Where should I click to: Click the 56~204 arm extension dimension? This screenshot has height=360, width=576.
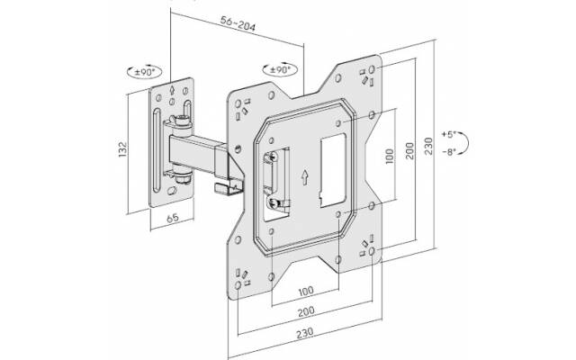click(238, 23)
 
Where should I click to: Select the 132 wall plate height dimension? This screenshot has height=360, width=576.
click(122, 149)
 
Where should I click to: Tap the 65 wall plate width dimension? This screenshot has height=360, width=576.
click(173, 218)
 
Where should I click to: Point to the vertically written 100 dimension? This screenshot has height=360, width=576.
click(390, 156)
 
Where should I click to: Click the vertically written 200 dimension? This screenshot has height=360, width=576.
click(409, 150)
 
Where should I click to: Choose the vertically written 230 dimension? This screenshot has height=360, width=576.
click(428, 146)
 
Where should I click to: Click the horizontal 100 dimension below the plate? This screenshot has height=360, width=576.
click(306, 292)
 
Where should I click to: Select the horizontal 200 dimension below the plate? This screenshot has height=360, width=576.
click(306, 311)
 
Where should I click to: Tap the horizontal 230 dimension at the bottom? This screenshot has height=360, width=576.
click(305, 332)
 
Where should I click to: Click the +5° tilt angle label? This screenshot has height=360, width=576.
click(448, 134)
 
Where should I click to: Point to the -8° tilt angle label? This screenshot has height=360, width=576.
click(448, 152)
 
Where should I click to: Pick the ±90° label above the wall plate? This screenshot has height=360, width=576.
click(144, 72)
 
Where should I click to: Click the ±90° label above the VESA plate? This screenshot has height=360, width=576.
click(280, 69)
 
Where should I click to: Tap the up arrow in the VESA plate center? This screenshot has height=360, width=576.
click(304, 177)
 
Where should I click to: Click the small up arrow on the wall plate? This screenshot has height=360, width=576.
click(172, 90)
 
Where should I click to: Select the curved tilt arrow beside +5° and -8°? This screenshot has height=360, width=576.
click(464, 142)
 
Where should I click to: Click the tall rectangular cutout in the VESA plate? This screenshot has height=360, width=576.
click(333, 170)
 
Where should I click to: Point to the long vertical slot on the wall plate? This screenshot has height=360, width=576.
click(157, 150)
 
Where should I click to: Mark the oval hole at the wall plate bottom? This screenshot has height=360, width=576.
click(172, 191)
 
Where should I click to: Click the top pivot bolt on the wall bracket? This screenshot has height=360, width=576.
click(181, 120)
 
